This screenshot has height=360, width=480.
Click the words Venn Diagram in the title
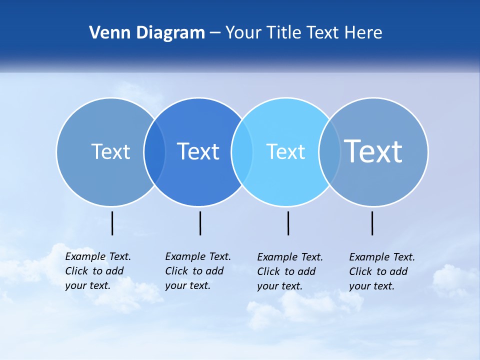147,33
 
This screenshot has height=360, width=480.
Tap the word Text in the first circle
110,151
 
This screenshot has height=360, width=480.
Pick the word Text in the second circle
198,151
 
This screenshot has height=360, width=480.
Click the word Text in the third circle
285,151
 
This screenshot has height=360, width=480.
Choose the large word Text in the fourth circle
373,151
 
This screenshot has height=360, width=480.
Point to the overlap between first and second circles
154,152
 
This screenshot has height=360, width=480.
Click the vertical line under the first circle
112,223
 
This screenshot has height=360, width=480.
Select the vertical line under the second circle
200,223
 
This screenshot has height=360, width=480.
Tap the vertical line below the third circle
288,223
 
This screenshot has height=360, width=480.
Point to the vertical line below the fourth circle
372,223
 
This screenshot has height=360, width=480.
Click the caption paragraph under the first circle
97,271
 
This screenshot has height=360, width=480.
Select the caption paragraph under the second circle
197,271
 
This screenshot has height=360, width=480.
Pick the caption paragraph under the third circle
289,271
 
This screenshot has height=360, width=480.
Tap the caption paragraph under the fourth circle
381,271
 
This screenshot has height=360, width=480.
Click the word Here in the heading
363,33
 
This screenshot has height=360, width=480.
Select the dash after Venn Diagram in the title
215,33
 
